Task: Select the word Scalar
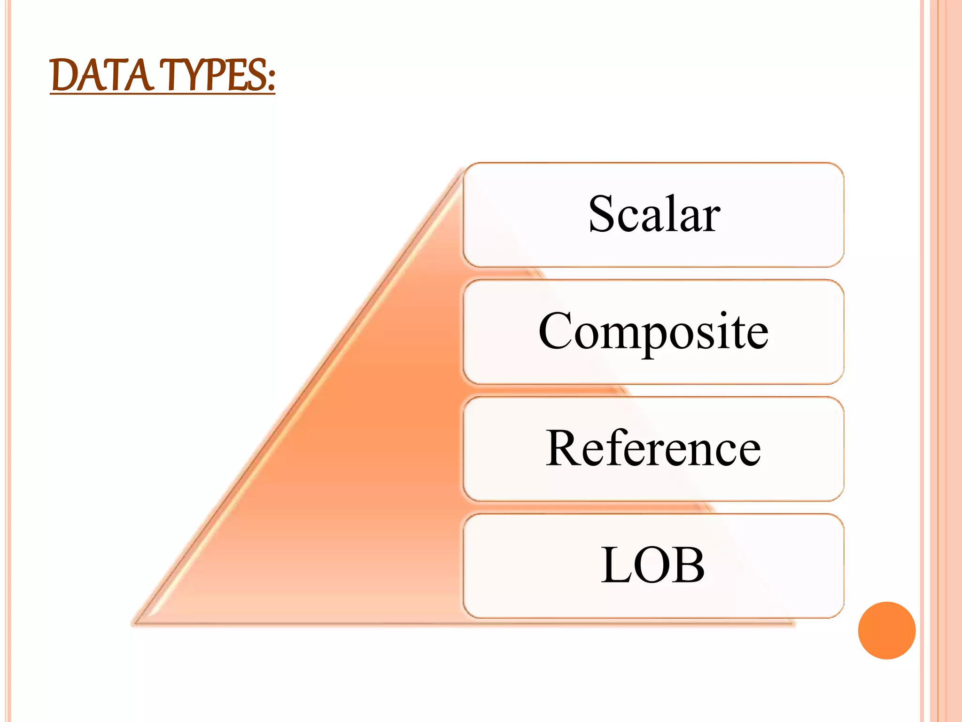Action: tap(654, 214)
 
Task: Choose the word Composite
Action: tap(653, 331)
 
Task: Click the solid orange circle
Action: tap(886, 630)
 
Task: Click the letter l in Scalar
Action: tap(671, 212)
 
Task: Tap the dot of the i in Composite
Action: tap(723, 314)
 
